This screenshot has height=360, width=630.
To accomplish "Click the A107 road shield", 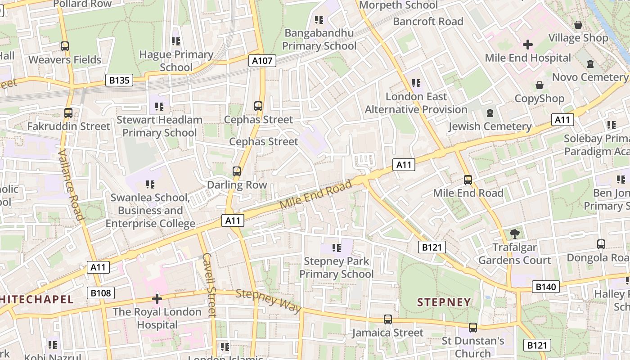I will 262,61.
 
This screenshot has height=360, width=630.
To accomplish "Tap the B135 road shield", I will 119,81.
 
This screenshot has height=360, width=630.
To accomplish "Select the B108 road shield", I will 100,293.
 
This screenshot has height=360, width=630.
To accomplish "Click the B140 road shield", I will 546,287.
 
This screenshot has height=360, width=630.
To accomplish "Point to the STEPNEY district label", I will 444,302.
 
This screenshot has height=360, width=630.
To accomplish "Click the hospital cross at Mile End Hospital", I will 528,45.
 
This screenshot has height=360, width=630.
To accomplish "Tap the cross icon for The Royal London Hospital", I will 157,298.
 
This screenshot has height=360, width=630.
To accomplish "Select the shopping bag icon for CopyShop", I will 539,85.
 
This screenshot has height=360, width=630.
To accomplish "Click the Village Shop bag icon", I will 578,25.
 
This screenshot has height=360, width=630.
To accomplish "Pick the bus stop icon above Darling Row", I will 237,171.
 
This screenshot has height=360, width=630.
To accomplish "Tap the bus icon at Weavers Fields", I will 65,46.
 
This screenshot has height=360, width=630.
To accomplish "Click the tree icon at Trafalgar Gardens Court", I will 515,234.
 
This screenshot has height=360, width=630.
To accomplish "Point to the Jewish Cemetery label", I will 490,126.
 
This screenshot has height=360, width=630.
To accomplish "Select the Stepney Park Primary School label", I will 336,267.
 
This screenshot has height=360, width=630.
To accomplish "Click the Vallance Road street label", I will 71,184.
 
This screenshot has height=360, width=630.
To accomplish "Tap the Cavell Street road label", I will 210,284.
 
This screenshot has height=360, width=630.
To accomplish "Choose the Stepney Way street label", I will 268,301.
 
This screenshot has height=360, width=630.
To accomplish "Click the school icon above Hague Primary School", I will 176,41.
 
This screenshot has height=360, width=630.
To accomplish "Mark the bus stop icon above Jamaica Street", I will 387,319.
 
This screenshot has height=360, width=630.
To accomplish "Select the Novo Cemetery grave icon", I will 590,64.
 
